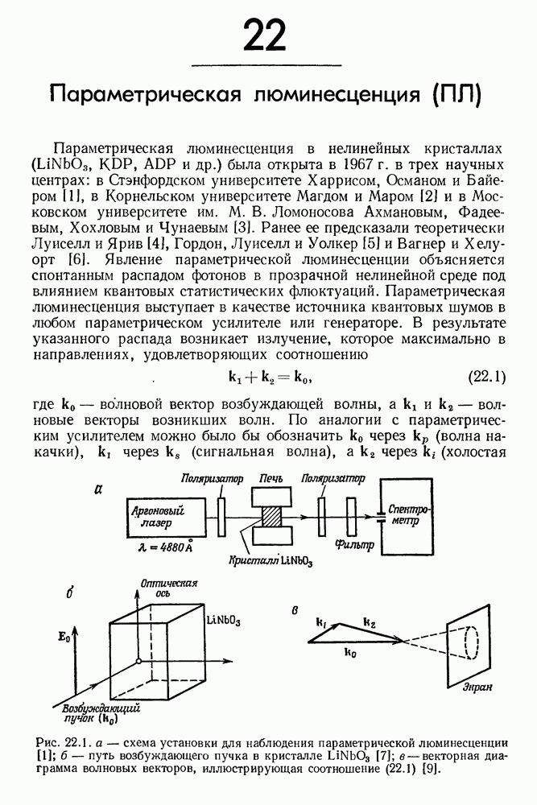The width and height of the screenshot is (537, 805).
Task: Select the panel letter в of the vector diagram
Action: [x=296, y=609]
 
